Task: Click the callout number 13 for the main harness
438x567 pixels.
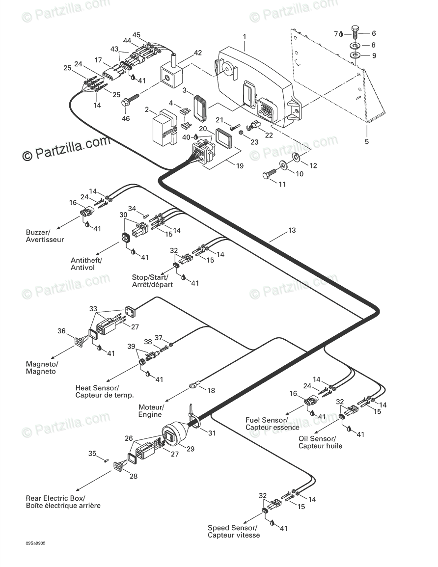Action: [292, 230]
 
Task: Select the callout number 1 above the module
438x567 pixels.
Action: [245, 37]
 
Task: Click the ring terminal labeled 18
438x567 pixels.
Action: [193, 386]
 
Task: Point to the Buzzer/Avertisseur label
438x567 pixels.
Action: [45, 236]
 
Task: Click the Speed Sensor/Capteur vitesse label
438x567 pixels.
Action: [234, 531]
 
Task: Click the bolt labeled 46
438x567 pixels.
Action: [131, 100]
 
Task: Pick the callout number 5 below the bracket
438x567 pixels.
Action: [367, 141]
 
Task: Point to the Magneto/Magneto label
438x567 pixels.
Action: [42, 368]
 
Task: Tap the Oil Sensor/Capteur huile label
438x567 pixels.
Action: [320, 442]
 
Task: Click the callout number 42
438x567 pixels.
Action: [197, 53]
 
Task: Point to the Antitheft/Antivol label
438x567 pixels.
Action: [86, 264]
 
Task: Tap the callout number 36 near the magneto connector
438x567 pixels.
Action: [61, 331]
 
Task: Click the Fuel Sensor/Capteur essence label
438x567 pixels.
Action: [273, 424]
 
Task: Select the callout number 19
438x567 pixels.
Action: [240, 166]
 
